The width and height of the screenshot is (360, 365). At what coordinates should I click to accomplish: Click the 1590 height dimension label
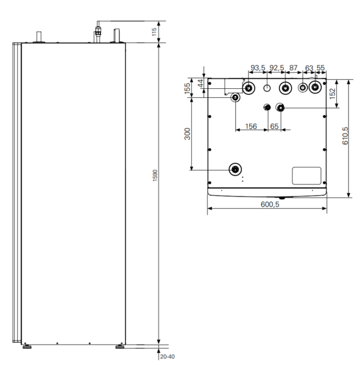(155, 176)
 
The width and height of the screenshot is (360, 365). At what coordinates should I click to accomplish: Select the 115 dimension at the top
(154, 32)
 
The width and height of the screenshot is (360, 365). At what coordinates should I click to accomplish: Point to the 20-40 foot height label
(167, 356)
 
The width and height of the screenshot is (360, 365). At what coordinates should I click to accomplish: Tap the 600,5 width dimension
(270, 204)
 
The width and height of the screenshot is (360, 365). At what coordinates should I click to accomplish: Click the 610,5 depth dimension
(345, 136)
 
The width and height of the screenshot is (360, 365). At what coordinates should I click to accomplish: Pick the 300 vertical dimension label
(187, 134)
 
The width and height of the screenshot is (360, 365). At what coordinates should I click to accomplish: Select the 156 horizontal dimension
(251, 126)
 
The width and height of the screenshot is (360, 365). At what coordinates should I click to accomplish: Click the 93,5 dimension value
(258, 68)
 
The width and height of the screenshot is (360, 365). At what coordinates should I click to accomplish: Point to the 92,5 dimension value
(277, 68)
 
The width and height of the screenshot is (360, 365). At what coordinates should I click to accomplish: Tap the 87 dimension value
(294, 68)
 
